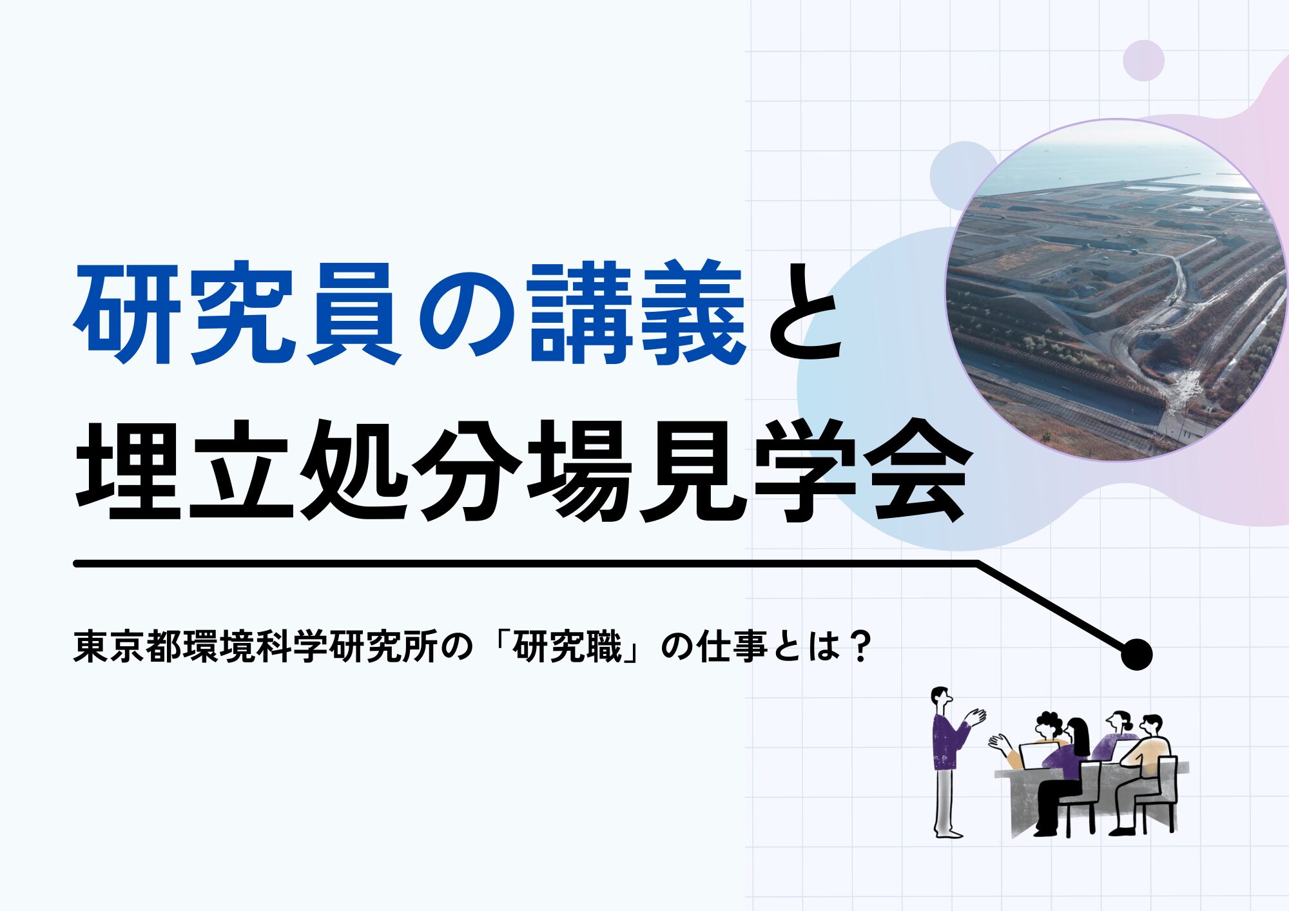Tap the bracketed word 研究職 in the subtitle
click(x=567, y=646)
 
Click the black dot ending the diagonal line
click(x=1136, y=655)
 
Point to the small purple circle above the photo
click(x=1143, y=61)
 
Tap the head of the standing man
click(x=942, y=698)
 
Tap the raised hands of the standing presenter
click(x=976, y=716)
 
